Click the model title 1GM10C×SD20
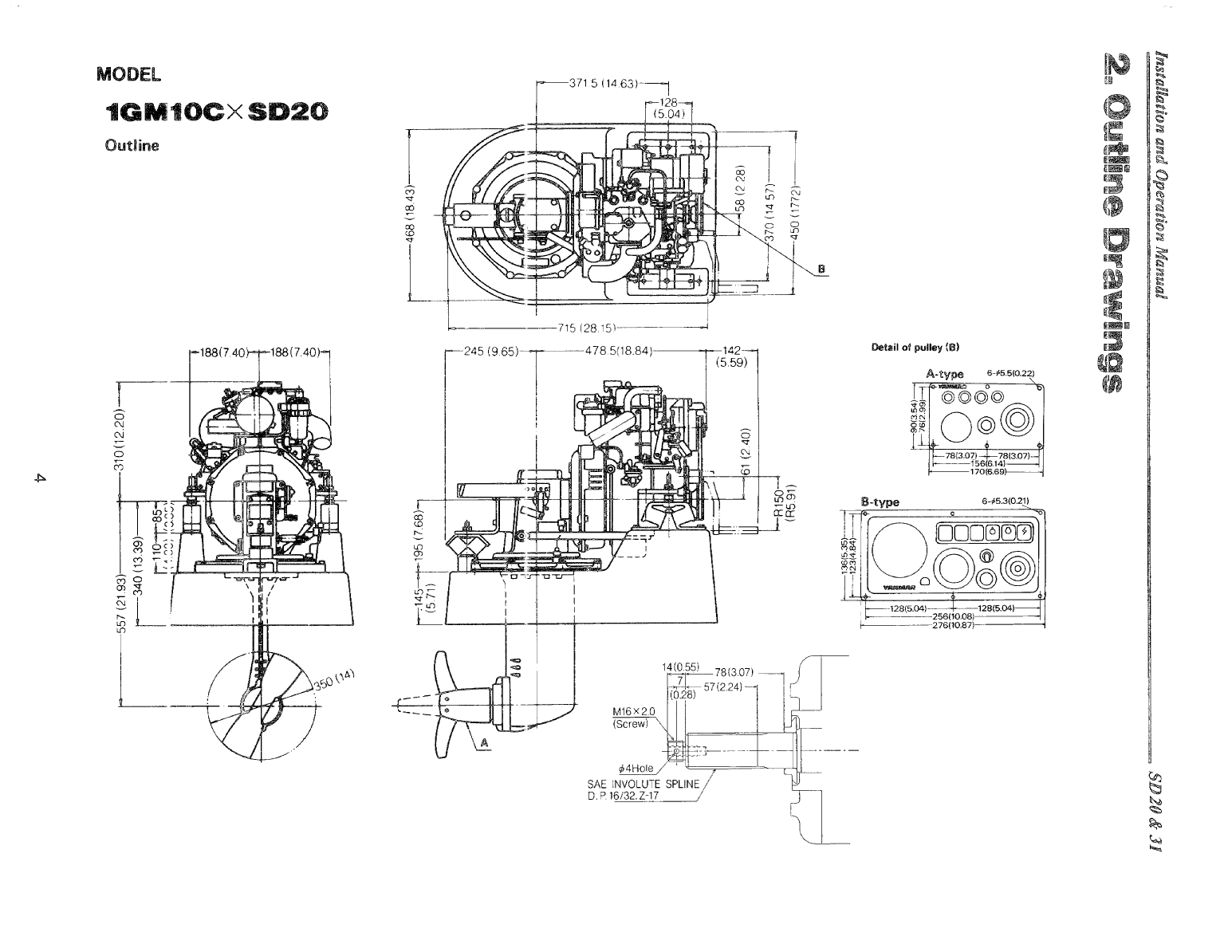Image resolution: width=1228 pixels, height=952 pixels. click(x=210, y=114)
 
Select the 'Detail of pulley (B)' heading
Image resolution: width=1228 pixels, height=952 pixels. click(x=916, y=348)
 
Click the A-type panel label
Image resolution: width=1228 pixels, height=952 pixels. click(x=945, y=374)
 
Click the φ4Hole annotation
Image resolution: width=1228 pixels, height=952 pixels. click(x=636, y=768)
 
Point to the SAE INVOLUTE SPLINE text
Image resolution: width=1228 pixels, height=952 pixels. click(x=643, y=784)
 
